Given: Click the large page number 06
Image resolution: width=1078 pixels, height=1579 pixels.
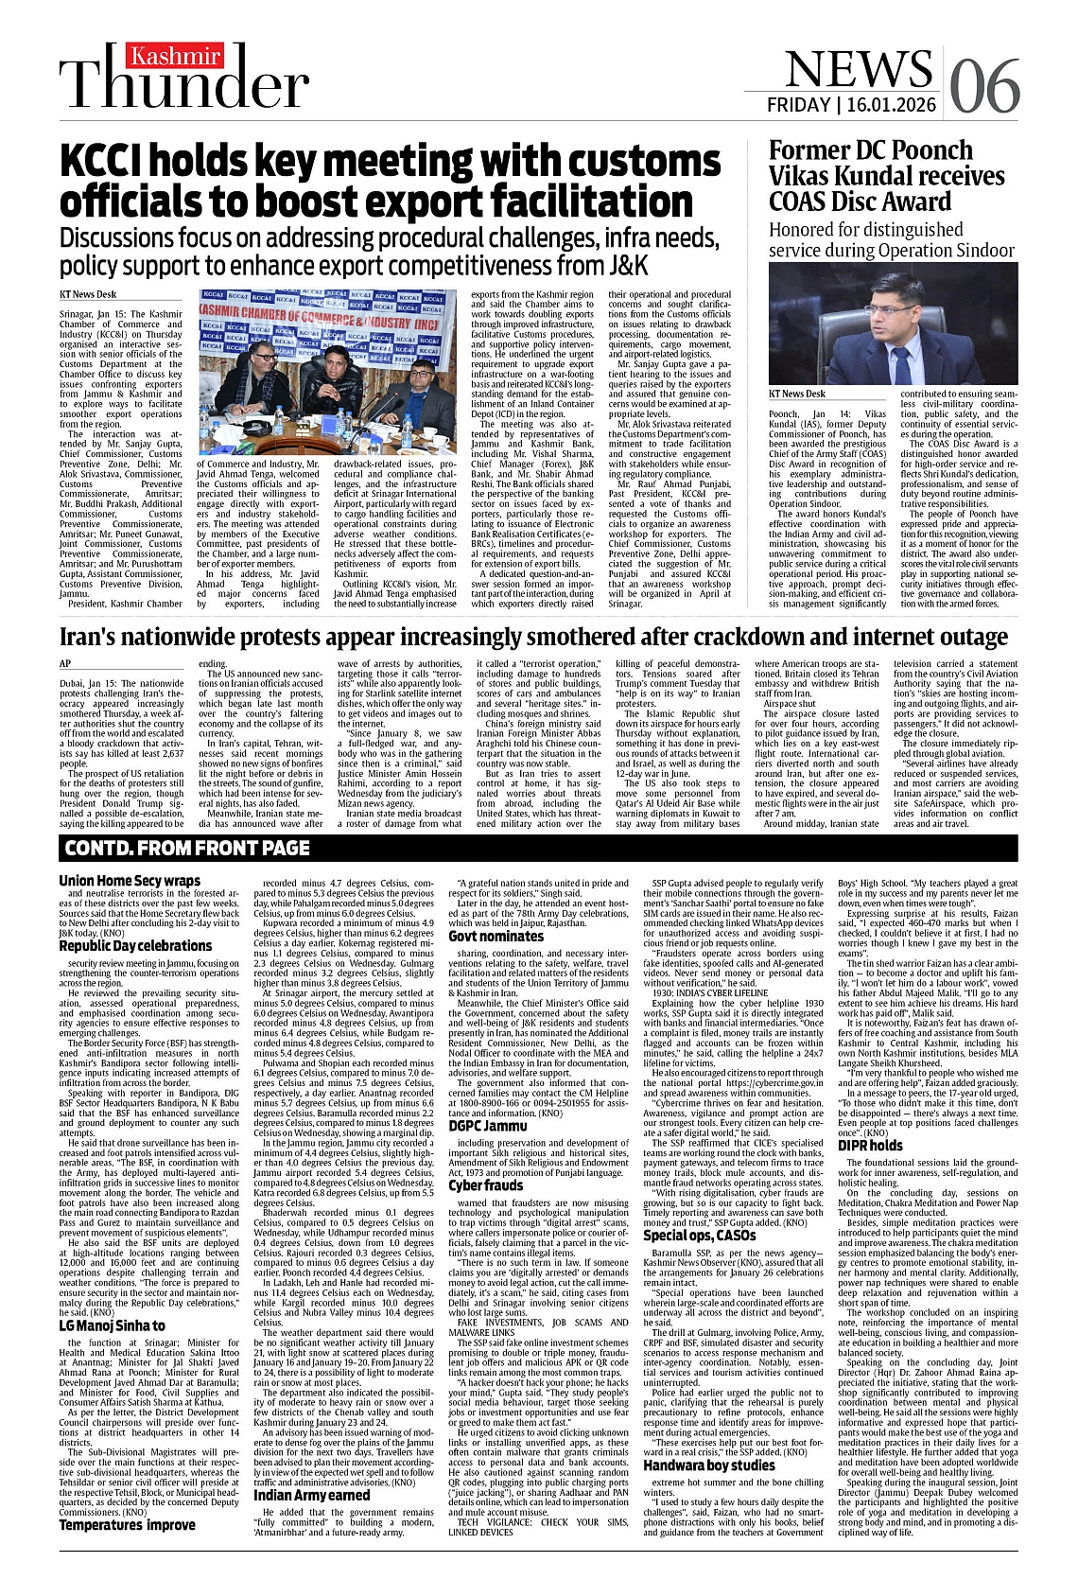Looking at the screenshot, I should pos(984,86).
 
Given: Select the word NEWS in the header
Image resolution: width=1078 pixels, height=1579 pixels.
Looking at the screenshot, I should pos(858,68).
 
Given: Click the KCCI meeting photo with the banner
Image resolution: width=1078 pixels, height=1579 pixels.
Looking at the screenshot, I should pos(326,373).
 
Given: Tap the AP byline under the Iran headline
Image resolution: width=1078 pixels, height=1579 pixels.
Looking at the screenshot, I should pos(65,664).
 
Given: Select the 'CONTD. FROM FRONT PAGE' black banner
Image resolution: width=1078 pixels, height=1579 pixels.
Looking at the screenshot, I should pos(187,848).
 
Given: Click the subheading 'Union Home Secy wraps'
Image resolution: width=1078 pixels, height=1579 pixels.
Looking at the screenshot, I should pos(130,881).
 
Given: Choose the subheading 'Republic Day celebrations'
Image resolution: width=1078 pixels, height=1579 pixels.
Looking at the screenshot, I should pos(135,945).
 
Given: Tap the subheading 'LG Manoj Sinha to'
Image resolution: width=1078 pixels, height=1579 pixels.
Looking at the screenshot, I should pos(112,1325).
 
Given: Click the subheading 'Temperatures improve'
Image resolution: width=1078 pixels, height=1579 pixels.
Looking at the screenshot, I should pos(127,1524).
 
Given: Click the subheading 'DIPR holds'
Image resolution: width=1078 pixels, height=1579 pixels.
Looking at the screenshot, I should pos(870,1146).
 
